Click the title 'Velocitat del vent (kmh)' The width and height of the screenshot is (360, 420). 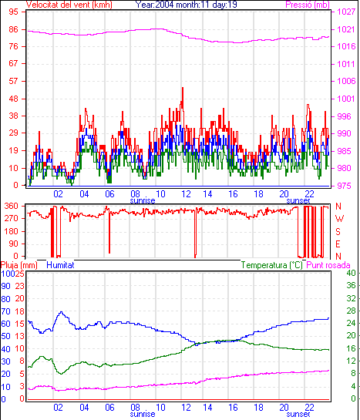69,5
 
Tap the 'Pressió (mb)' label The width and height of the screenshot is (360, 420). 308,5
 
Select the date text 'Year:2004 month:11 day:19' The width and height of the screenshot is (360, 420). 186,5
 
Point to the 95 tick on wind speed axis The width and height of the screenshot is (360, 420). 13,12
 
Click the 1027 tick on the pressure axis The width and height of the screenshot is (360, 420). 346,12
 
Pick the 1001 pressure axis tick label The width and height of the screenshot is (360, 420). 346,99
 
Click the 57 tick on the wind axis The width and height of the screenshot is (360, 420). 13,81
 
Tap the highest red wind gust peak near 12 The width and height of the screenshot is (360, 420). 183,88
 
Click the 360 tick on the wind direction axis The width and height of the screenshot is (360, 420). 12,206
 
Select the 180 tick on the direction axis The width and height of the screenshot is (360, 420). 12,231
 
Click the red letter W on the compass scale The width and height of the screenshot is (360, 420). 339,219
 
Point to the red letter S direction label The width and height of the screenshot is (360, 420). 338,231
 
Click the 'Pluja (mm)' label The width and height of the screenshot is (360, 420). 19,265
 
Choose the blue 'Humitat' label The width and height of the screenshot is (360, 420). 60,265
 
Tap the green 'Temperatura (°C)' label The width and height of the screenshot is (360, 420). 272,265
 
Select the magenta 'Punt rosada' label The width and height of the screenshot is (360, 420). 328,265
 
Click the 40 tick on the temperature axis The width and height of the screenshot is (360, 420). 352,274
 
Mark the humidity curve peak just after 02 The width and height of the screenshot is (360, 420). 62,312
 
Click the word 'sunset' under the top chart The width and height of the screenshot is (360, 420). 298,200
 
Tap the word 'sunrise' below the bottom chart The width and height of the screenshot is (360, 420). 143,414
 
